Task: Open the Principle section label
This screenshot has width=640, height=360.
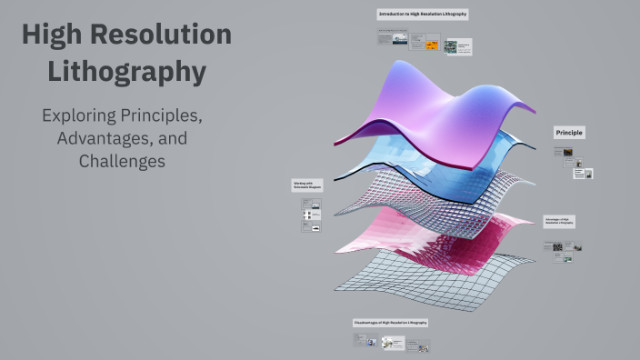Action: pyautogui.click(x=569, y=133)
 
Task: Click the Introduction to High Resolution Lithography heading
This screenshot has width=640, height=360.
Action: pyautogui.click(x=423, y=15)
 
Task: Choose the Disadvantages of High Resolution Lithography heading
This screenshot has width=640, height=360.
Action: pyautogui.click(x=390, y=323)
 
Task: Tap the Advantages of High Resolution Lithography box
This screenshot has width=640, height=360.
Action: pyautogui.click(x=559, y=222)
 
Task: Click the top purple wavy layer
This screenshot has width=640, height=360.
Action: pyautogui.click(x=427, y=100)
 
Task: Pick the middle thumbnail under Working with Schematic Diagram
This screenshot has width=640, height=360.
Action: pyautogui.click(x=312, y=215)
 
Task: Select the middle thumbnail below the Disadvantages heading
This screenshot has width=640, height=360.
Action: pyautogui.click(x=393, y=343)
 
